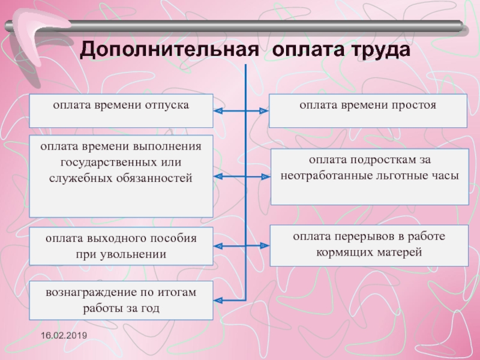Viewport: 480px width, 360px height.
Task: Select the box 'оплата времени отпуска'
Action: coord(121,110)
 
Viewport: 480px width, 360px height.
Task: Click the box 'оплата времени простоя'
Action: coord(368,110)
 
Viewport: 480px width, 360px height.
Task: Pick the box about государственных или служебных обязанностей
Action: coord(121,176)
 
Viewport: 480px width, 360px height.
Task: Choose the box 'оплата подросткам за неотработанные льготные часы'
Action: coord(370,178)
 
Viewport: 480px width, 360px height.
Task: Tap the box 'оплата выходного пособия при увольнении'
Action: coord(121,246)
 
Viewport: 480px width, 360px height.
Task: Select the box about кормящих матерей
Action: coord(370,245)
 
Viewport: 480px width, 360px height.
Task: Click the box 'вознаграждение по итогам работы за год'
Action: coord(121,300)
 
